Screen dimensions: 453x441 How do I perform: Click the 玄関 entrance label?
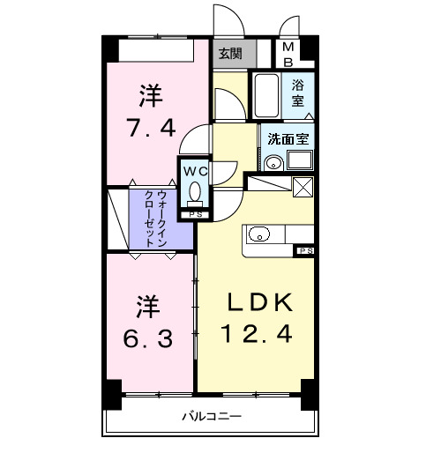[230, 53]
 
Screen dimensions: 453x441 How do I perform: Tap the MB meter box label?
[288, 55]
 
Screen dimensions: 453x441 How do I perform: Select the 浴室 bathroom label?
[299, 93]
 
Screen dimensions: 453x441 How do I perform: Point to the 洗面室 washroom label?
[288, 138]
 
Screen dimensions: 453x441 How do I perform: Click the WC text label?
[195, 168]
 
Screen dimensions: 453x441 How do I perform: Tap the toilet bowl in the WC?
[195, 191]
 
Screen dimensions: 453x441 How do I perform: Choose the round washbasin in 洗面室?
[273, 162]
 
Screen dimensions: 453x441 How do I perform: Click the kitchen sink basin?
[259, 234]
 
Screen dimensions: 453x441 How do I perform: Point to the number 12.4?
[256, 335]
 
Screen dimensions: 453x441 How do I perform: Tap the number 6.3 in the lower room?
[147, 338]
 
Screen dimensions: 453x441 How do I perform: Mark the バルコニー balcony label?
[212, 416]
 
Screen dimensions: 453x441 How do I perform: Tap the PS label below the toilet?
[195, 214]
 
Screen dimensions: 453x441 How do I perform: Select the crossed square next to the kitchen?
[303, 187]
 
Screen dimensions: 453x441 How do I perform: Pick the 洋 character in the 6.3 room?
[147, 308]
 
